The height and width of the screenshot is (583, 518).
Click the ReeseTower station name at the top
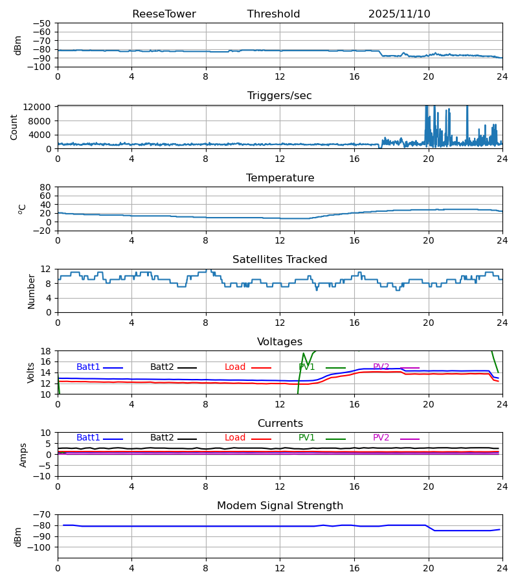click(164, 14)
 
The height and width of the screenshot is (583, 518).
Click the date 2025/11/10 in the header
click(399, 14)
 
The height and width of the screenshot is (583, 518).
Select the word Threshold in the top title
click(273, 14)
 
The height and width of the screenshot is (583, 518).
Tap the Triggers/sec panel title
click(280, 96)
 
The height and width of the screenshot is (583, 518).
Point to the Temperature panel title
click(280, 178)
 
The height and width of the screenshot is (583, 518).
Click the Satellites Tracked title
click(280, 260)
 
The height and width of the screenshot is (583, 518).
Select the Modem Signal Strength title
click(280, 506)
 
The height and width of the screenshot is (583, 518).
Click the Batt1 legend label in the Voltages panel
click(88, 367)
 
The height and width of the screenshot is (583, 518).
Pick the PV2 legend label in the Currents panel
click(381, 438)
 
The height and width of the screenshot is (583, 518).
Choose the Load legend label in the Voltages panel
click(235, 367)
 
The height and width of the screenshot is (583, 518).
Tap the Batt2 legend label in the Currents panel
click(162, 438)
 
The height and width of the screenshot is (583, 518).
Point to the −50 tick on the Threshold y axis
click(43, 23)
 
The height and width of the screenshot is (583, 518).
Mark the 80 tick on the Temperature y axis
click(46, 187)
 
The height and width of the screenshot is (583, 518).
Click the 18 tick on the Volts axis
click(46, 351)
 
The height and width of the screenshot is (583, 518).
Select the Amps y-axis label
click(24, 455)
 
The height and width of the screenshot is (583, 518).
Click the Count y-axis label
click(14, 127)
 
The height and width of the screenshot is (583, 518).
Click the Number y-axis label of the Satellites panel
click(32, 291)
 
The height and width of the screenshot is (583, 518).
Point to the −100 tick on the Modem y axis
click(41, 547)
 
